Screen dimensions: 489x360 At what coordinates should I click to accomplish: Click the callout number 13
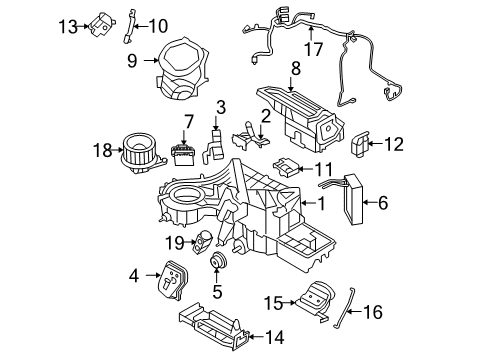pyautogui.click(x=68, y=26)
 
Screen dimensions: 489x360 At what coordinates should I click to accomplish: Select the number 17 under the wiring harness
pyautogui.click(x=313, y=49)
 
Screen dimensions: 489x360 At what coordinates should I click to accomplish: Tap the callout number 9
pyautogui.click(x=132, y=61)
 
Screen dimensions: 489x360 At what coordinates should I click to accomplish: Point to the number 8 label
pyautogui.click(x=295, y=68)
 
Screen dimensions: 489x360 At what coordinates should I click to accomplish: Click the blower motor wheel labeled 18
pyautogui.click(x=143, y=153)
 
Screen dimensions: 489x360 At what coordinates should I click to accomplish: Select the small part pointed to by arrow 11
pyautogui.click(x=285, y=166)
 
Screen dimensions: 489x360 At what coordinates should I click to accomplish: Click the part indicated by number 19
pyautogui.click(x=203, y=242)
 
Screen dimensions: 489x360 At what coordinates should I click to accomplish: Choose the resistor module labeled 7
pyautogui.click(x=182, y=155)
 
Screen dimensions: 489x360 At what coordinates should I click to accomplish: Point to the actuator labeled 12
pyautogui.click(x=359, y=144)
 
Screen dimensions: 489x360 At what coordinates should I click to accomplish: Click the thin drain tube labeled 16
pyautogui.click(x=344, y=308)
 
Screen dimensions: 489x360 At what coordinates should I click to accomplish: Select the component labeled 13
pyautogui.click(x=101, y=25)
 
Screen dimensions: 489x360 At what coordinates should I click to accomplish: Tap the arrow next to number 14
pyautogui.click(x=256, y=337)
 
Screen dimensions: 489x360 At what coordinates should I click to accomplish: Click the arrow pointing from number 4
pyautogui.click(x=153, y=275)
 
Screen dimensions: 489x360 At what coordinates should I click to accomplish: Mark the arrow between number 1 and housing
pyautogui.click(x=308, y=203)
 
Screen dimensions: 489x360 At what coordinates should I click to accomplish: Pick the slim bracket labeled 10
pyautogui.click(x=128, y=27)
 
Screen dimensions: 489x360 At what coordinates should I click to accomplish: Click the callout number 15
pyautogui.click(x=273, y=303)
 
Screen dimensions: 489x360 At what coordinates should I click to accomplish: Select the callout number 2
pyautogui.click(x=266, y=117)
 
